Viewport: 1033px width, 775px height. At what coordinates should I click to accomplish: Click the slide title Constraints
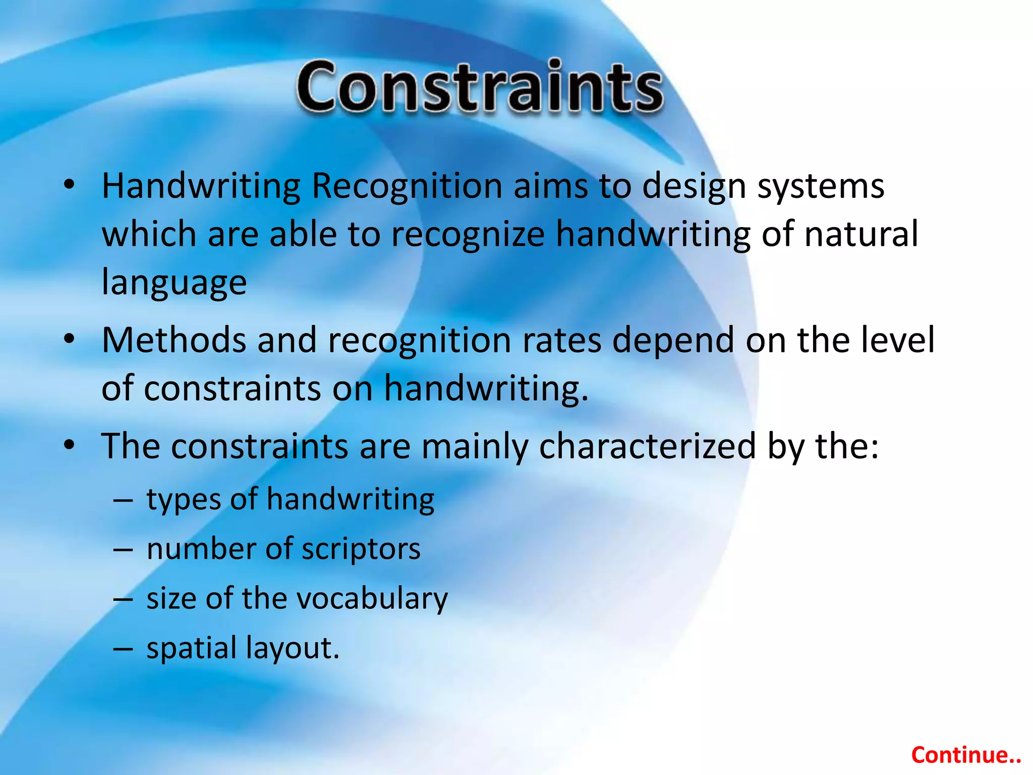(480, 87)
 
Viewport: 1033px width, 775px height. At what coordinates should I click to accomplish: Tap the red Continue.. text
(966, 755)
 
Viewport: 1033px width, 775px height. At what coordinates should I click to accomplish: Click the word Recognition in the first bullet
(407, 186)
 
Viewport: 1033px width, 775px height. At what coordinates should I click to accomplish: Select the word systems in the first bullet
(821, 186)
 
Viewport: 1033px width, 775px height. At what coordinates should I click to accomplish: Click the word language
(174, 283)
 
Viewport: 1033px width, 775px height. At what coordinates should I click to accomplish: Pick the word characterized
(647, 447)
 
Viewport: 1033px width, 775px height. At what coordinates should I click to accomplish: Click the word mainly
(475, 447)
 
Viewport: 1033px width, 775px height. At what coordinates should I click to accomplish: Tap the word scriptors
(361, 549)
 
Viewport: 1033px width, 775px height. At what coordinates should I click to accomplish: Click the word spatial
(191, 648)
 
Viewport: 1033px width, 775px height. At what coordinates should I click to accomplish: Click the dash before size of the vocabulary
(123, 599)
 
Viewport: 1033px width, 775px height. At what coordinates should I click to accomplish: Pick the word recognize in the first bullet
(468, 235)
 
